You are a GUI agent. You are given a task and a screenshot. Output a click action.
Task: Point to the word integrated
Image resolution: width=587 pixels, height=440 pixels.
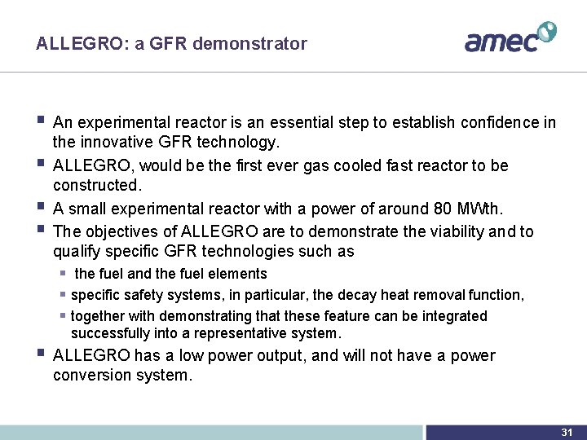point(452,316)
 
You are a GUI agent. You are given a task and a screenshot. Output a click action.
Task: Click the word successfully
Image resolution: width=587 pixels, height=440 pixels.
point(109,333)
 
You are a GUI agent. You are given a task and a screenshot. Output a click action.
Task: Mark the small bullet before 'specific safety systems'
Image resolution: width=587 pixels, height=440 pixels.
point(62,295)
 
